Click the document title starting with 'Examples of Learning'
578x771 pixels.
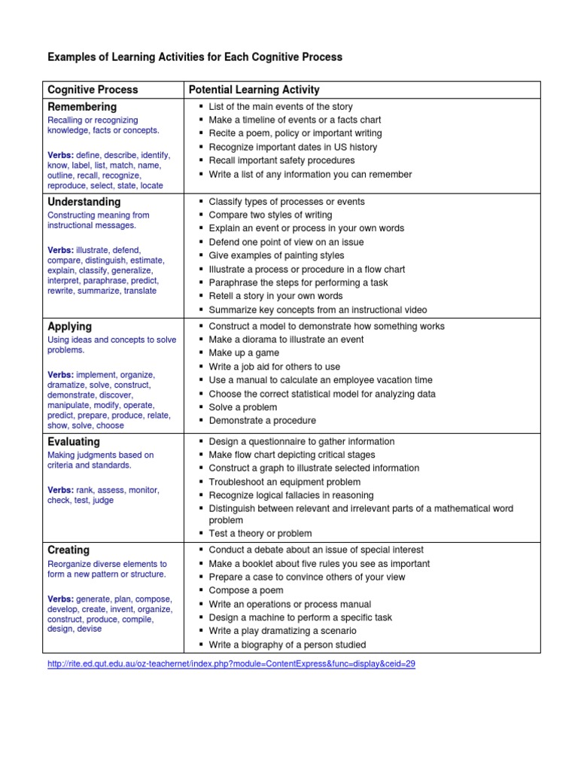point(195,56)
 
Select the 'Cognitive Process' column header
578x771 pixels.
point(93,90)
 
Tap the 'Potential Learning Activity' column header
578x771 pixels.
point(254,90)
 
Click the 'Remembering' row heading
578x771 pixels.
point(82,107)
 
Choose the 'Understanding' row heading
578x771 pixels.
point(84,202)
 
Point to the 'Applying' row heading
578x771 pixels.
point(69,327)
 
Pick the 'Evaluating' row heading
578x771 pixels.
point(74,442)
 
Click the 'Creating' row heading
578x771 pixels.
point(68,550)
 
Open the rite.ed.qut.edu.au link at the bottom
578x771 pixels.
point(231,664)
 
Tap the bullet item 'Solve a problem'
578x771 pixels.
point(243,407)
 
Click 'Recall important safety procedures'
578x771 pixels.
point(281,160)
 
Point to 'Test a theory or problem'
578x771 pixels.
point(260,534)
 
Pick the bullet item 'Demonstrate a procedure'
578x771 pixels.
point(262,421)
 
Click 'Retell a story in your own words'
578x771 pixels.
point(275,296)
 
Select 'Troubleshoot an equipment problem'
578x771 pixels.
point(284,482)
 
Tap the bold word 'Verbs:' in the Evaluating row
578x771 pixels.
point(61,490)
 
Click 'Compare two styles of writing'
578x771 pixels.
point(270,215)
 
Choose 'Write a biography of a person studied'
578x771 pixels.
point(287,645)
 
